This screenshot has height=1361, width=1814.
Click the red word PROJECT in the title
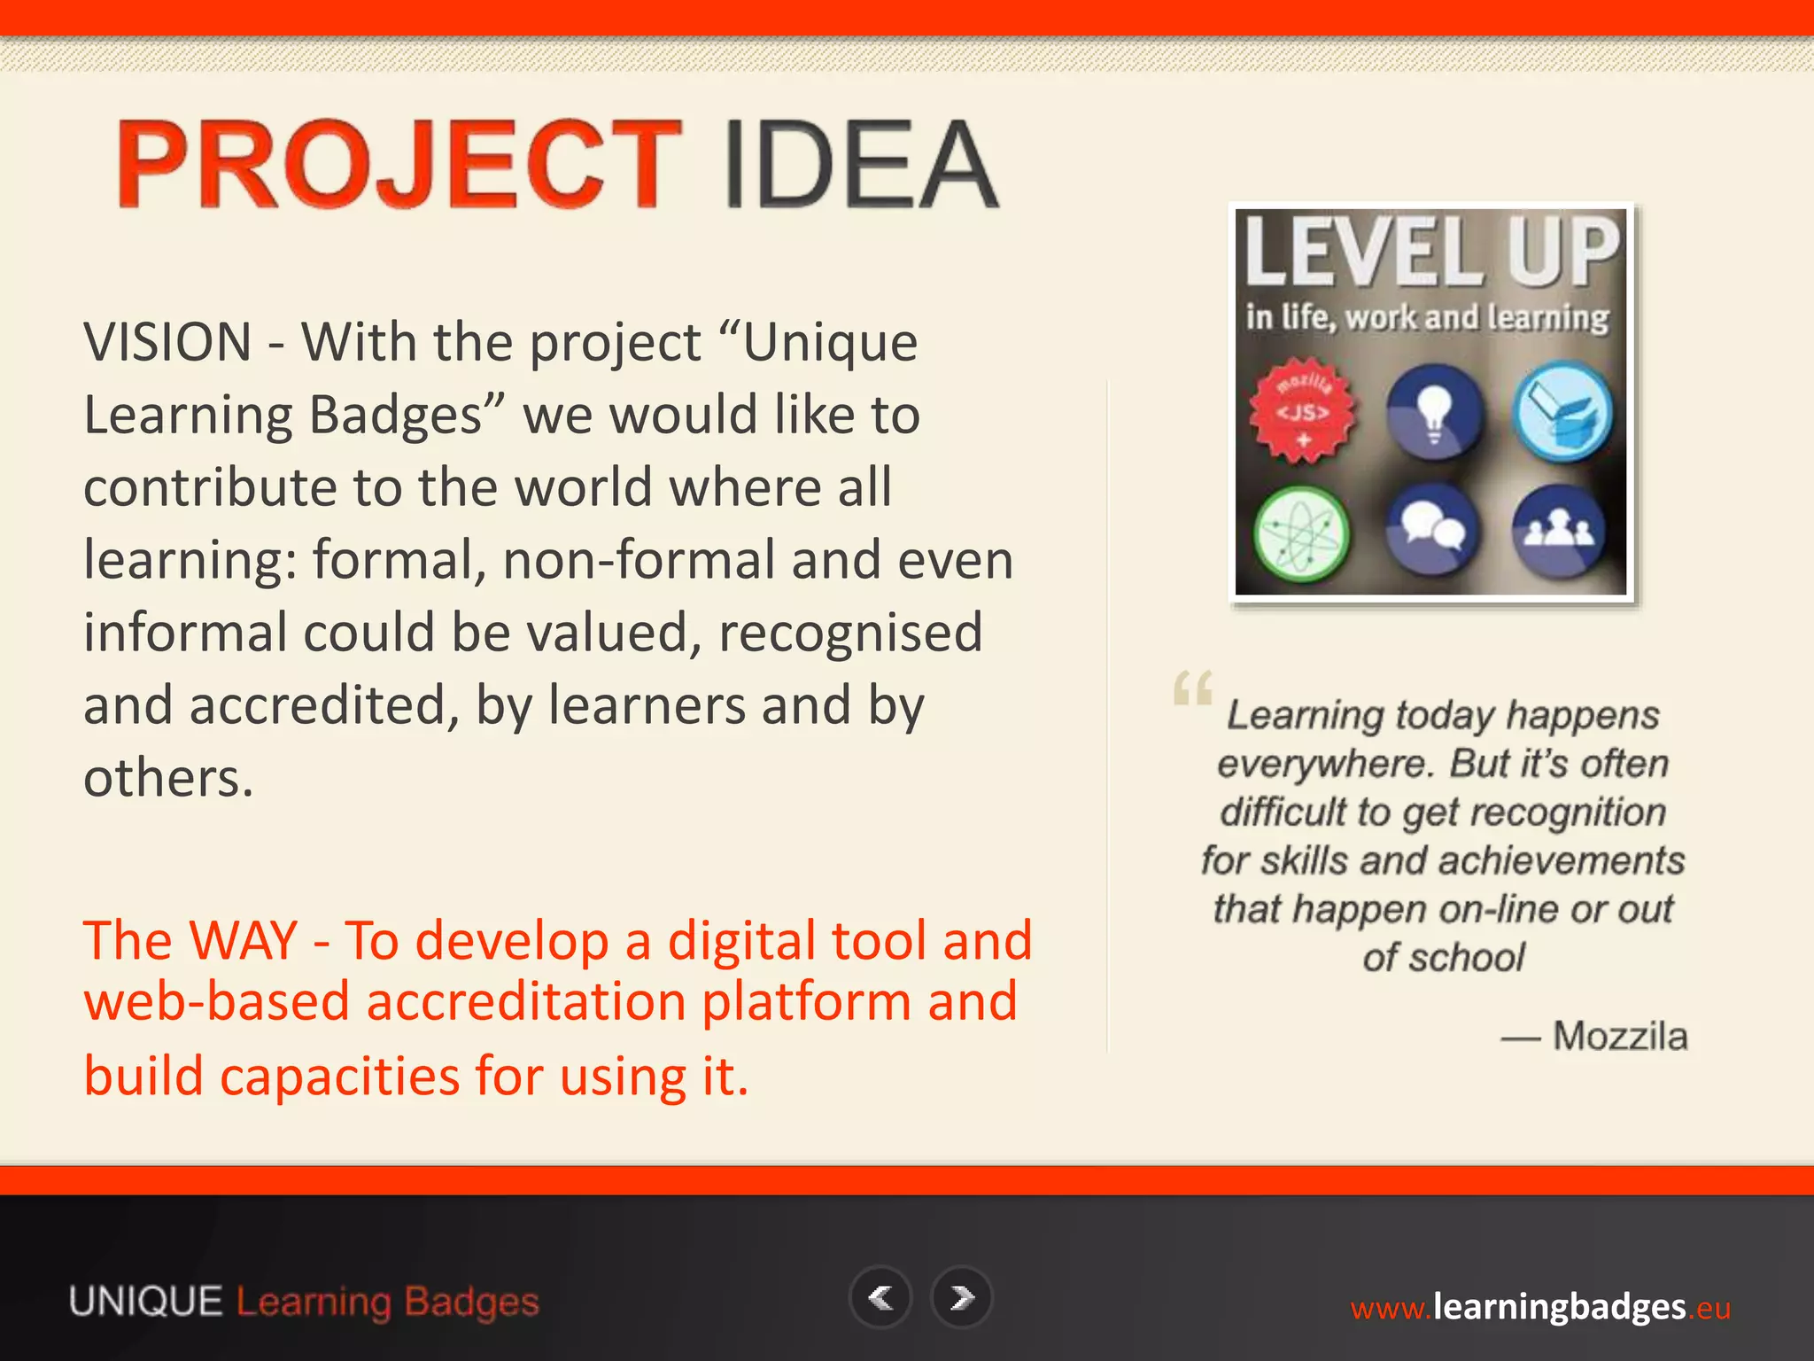click(x=399, y=165)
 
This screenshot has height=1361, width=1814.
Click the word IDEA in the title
click(x=861, y=165)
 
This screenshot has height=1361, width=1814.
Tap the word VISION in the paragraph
click(x=168, y=342)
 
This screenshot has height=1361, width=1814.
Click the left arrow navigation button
click(x=880, y=1298)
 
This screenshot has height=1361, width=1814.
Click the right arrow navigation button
click(x=962, y=1298)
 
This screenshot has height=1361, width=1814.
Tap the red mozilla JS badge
click(x=1302, y=411)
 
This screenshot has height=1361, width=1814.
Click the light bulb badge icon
click(x=1432, y=411)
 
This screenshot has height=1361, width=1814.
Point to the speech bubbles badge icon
click(x=1432, y=530)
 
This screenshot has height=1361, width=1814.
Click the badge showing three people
click(x=1558, y=530)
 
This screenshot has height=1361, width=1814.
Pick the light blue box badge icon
click(x=1562, y=411)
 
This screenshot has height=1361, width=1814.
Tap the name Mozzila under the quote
click(x=1620, y=1036)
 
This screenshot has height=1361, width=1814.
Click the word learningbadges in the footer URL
click(x=1559, y=1307)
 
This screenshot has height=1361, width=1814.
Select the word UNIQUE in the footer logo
click(x=146, y=1302)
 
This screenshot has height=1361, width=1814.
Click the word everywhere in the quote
click(x=1323, y=764)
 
